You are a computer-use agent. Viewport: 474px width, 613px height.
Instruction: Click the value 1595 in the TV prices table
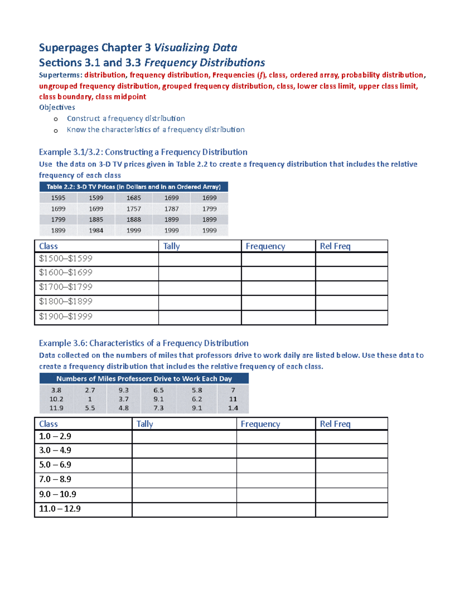pos(58,198)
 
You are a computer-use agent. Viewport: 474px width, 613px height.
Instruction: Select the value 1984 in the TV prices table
pos(96,231)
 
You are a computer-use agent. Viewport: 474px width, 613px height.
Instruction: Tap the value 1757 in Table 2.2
pos(134,209)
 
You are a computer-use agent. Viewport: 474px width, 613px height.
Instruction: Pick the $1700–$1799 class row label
pos(66,287)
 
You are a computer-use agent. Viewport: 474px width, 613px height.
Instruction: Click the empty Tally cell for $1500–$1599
pos(199,259)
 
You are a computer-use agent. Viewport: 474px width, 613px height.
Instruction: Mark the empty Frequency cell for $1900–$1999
pos(278,317)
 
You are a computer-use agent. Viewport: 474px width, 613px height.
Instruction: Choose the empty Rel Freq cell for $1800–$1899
pos(351,302)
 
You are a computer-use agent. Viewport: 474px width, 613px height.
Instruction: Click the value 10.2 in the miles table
pos(56,399)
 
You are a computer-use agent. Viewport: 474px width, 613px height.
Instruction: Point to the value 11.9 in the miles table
pos(56,408)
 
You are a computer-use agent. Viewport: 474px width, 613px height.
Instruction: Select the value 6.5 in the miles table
pos(158,390)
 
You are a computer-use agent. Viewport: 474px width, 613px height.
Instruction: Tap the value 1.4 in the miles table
pos(233,408)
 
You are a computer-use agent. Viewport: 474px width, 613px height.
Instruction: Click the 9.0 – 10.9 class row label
pos(58,494)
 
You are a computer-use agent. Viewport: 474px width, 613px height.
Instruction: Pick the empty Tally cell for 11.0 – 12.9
pos(184,509)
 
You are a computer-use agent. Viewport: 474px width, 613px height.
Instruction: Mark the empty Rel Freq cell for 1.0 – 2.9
pos(351,437)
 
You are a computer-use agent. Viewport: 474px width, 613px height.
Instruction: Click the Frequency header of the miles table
pos(260,424)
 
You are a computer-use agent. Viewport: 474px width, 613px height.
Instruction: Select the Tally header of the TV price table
pos(171,246)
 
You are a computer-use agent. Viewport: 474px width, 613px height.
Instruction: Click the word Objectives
pos(57,107)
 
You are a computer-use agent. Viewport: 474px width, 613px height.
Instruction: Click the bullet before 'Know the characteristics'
pos(56,131)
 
